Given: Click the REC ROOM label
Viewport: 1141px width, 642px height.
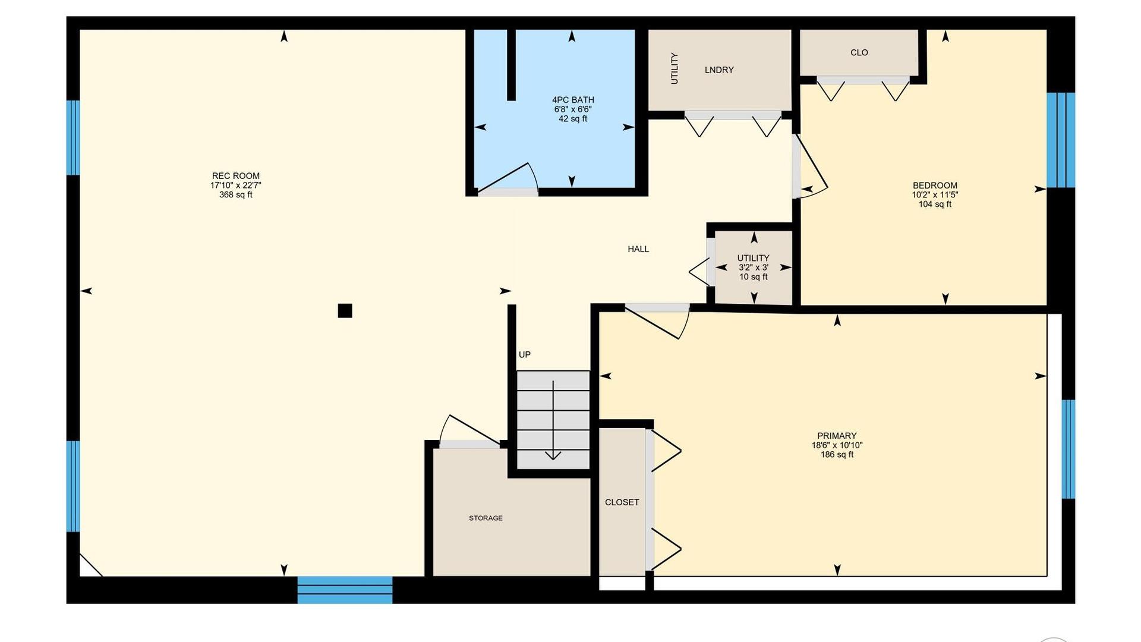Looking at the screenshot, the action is click(x=236, y=176).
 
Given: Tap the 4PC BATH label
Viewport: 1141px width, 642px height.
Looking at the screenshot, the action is click(x=573, y=100).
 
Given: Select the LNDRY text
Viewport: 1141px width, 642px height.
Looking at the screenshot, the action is click(x=719, y=70).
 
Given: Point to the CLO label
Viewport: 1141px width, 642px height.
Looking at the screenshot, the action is click(x=859, y=52).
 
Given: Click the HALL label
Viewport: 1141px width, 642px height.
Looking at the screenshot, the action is click(x=638, y=249).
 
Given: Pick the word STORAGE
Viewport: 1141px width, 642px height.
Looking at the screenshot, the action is click(x=486, y=518).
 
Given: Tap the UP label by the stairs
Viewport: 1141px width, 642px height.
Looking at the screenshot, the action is click(x=525, y=355).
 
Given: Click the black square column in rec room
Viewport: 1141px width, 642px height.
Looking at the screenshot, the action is click(x=345, y=311).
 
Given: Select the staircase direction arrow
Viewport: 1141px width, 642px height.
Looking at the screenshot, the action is click(x=553, y=420).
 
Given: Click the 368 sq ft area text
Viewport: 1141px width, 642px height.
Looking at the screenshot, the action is click(x=236, y=195).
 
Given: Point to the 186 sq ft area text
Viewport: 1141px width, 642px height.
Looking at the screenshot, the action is click(x=837, y=455).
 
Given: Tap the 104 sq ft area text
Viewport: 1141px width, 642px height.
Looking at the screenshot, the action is click(x=935, y=204).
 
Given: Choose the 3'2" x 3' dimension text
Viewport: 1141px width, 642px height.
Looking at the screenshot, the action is click(x=754, y=267).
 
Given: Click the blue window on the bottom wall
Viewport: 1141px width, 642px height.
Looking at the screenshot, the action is click(x=345, y=590).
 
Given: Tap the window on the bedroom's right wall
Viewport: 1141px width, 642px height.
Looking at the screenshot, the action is click(x=1061, y=140).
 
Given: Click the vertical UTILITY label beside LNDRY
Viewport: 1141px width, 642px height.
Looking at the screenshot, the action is click(x=674, y=68).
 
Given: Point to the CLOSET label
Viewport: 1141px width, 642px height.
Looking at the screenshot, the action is click(x=622, y=502).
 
